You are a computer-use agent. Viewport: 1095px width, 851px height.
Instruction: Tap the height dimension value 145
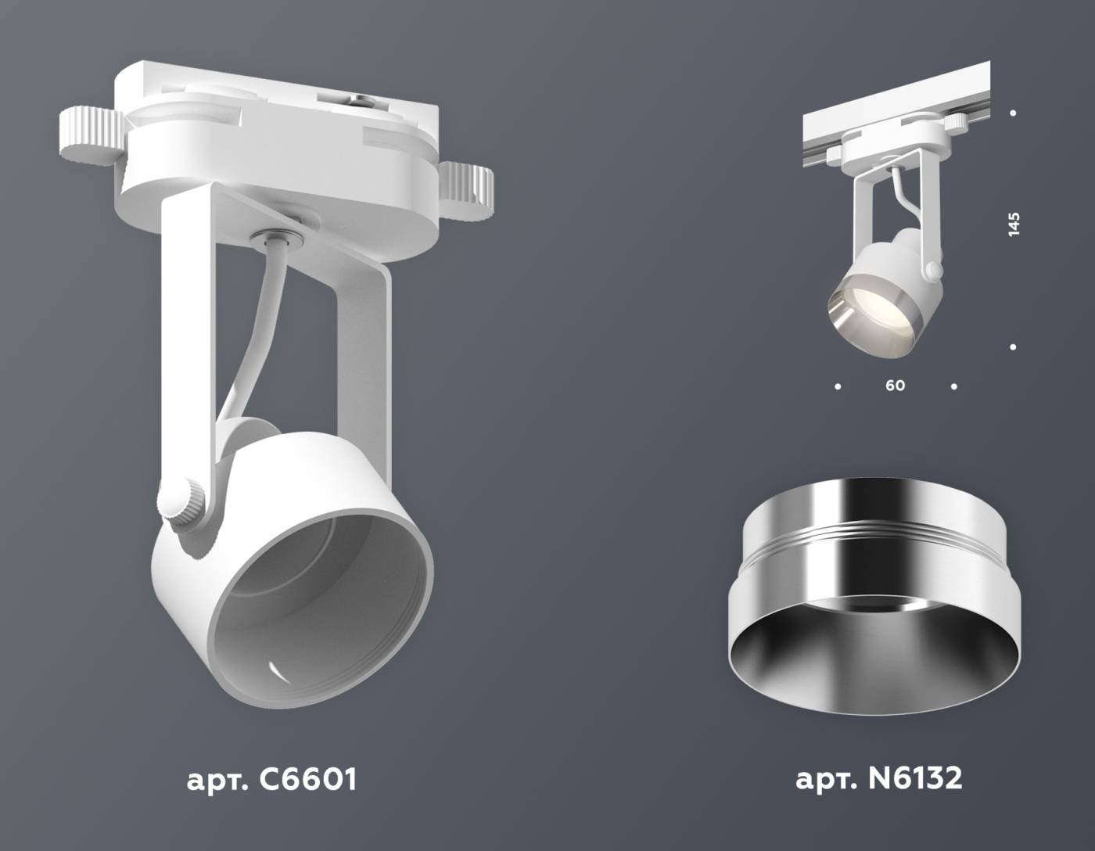tap(1014, 224)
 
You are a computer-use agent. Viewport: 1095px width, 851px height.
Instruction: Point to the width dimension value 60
tap(895, 386)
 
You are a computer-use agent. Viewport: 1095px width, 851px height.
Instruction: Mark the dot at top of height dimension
tap(1013, 113)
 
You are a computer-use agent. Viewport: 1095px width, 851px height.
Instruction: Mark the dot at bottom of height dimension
tap(1013, 347)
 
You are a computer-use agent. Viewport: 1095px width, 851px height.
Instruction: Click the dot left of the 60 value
tap(838, 386)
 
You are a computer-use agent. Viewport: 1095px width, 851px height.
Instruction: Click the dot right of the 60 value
tap(953, 386)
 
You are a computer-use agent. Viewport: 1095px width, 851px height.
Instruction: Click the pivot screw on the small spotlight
tap(933, 271)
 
